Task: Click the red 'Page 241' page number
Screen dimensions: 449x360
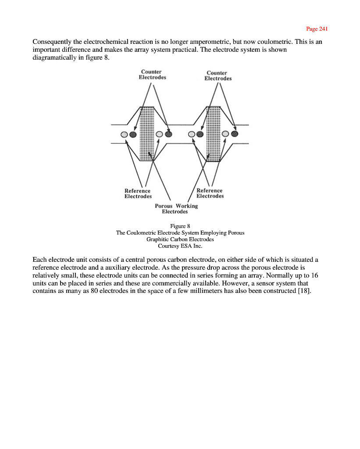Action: coord(317,29)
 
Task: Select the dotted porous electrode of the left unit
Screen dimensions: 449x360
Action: coord(147,133)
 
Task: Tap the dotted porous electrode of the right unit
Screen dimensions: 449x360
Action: coord(213,133)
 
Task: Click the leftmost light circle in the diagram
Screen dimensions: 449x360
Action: coord(124,134)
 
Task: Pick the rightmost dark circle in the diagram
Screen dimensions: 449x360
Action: coord(234,133)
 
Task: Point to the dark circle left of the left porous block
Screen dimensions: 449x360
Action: coord(133,134)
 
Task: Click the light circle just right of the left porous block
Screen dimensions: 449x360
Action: coord(160,134)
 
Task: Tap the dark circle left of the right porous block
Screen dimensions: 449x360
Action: coord(200,134)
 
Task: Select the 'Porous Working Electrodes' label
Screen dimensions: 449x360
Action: coord(176,209)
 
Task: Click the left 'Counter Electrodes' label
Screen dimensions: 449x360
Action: coord(152,75)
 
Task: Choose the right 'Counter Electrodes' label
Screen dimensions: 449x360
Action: coord(217,76)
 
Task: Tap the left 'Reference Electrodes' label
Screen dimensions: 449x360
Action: coord(138,193)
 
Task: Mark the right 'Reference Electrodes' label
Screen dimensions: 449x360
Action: coord(210,193)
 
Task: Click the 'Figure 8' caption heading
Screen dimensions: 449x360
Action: coord(180,226)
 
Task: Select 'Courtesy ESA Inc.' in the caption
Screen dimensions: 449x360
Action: coord(180,246)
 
